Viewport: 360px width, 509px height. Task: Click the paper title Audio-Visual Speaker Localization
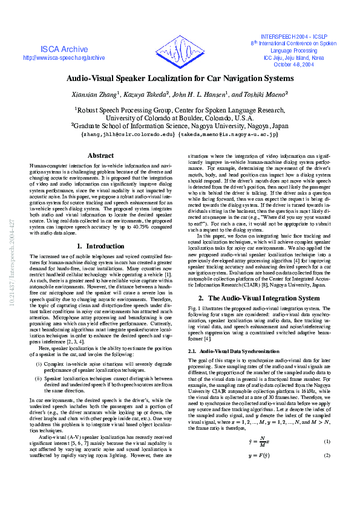pos(180,79)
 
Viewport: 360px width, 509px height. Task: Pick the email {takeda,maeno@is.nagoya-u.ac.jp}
pos(229,134)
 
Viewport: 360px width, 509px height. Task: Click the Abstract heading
pos(100,156)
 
